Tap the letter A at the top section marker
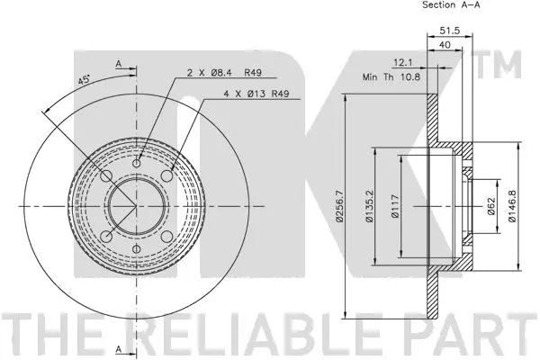118,63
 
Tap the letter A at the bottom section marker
118,347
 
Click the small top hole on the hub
137,162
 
